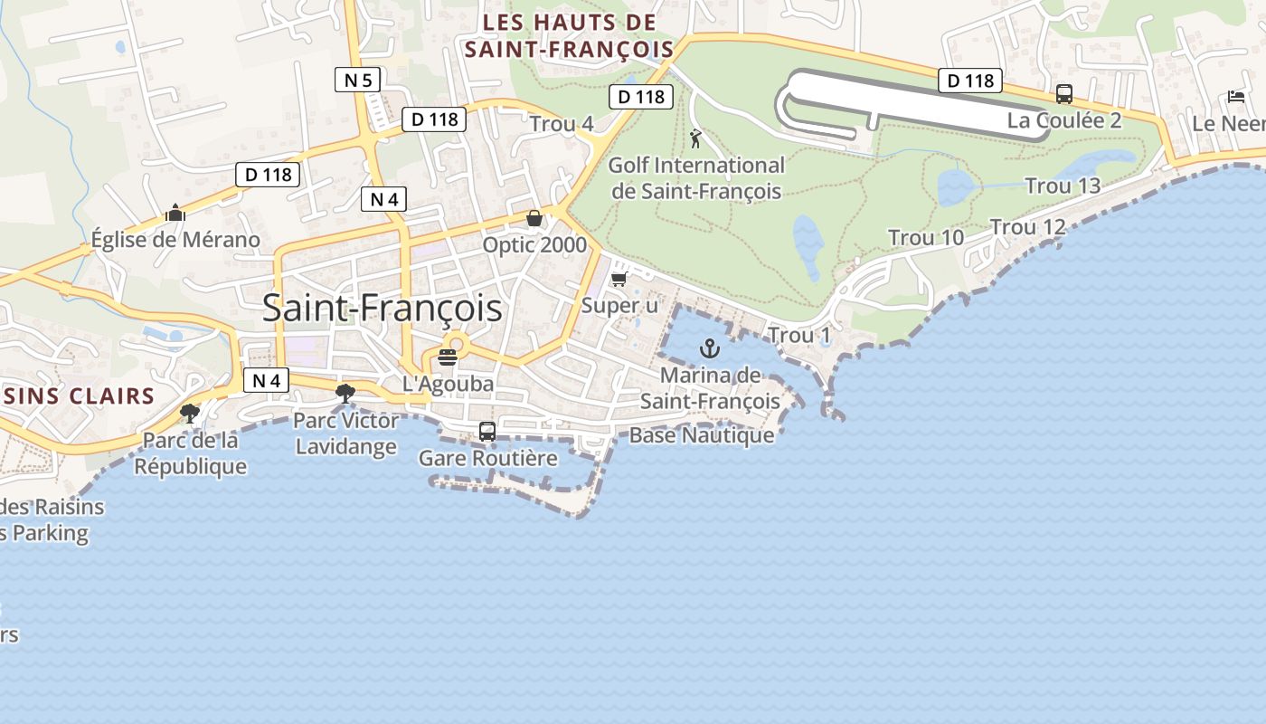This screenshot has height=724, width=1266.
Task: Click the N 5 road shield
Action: pyautogui.click(x=358, y=80)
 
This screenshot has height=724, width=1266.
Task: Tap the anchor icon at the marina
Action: pyautogui.click(x=710, y=348)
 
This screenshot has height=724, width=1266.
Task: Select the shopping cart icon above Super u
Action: pyautogui.click(x=619, y=279)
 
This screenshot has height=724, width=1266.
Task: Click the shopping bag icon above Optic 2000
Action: pyautogui.click(x=534, y=218)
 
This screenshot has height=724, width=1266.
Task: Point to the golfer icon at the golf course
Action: pyautogui.click(x=695, y=138)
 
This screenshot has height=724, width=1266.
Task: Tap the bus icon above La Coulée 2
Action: pyautogui.click(x=1064, y=94)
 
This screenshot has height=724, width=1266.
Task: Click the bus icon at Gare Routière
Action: pyautogui.click(x=487, y=432)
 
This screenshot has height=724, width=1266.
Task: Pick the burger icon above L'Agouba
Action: pyautogui.click(x=448, y=357)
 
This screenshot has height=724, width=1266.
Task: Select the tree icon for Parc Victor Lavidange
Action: pyautogui.click(x=345, y=393)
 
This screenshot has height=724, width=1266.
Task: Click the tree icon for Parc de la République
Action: pyautogui.click(x=190, y=414)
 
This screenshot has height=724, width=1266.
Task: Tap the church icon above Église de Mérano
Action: pyautogui.click(x=175, y=214)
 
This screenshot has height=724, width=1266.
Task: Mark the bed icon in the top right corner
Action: pyautogui.click(x=1236, y=97)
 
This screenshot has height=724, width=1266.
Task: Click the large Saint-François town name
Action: pyautogui.click(x=383, y=309)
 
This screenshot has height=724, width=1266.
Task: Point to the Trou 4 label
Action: pyautogui.click(x=562, y=124)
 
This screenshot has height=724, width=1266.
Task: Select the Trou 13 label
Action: pyautogui.click(x=1063, y=186)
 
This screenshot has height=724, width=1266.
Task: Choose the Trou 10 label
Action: pyautogui.click(x=926, y=238)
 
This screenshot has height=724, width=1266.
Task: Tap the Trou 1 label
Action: pyautogui.click(x=799, y=336)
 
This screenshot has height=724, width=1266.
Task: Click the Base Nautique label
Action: pyautogui.click(x=702, y=435)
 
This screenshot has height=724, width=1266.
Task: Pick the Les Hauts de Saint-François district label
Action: pyautogui.click(x=570, y=36)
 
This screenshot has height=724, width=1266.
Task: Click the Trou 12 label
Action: pyautogui.click(x=1028, y=227)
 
